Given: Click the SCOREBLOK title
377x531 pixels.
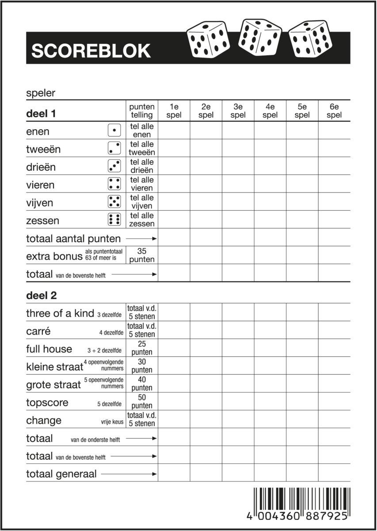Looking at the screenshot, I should click(x=91, y=51).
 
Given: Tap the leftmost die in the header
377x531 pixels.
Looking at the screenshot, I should click(x=208, y=40).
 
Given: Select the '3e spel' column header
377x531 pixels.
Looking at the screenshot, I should click(x=238, y=111).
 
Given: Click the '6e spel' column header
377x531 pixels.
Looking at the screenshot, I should click(x=334, y=111).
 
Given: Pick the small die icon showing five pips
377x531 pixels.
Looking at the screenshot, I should click(x=114, y=202).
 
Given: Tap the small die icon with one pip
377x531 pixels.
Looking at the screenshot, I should click(x=114, y=131).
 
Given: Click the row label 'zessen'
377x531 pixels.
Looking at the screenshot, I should click(x=42, y=220).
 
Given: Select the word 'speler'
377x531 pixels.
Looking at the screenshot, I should click(x=41, y=93).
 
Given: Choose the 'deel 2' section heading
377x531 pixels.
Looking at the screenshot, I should click(x=42, y=295).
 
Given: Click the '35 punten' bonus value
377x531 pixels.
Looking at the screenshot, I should click(x=142, y=255).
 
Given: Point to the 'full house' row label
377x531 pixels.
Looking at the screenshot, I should click(x=49, y=349).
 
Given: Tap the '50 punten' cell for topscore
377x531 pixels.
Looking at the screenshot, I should click(x=142, y=401).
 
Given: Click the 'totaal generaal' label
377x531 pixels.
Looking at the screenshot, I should click(x=61, y=474).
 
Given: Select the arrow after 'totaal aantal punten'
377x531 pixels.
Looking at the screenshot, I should click(x=141, y=239).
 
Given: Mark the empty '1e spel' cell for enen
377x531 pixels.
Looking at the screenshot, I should click(x=174, y=131).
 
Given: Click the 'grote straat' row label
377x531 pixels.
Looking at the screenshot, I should click(x=53, y=385).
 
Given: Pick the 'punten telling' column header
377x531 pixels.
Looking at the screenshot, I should click(x=142, y=111).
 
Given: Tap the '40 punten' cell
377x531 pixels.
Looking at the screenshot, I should click(x=142, y=384).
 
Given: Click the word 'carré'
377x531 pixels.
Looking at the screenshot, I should click(x=38, y=331).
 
